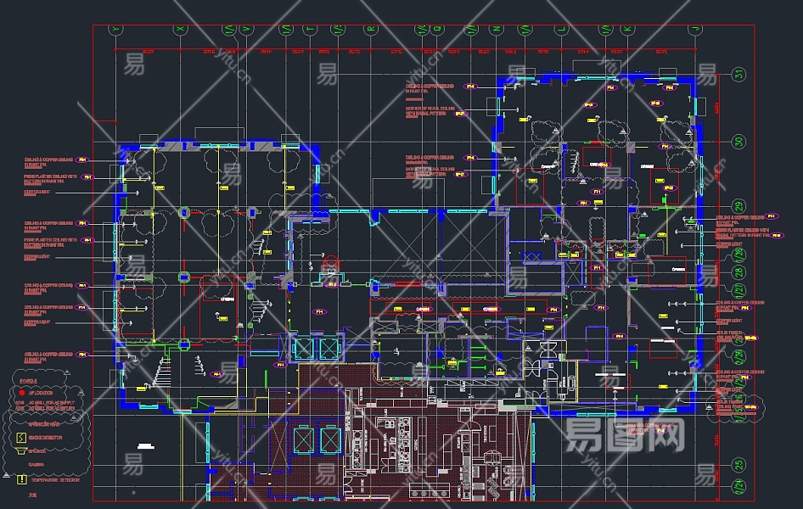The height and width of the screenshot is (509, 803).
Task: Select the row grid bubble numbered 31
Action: coord(738,75)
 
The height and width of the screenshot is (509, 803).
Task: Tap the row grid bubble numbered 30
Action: coord(738,142)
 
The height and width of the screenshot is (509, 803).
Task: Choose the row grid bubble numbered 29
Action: coord(738,206)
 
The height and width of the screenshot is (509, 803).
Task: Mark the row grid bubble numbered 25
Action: coord(738,465)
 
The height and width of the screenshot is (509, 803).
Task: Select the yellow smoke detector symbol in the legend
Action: coord(22,438)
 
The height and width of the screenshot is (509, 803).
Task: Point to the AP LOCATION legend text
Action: coord(41,394)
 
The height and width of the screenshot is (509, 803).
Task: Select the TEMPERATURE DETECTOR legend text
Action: coord(56,479)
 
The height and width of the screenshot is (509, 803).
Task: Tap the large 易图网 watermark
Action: coord(625,435)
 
